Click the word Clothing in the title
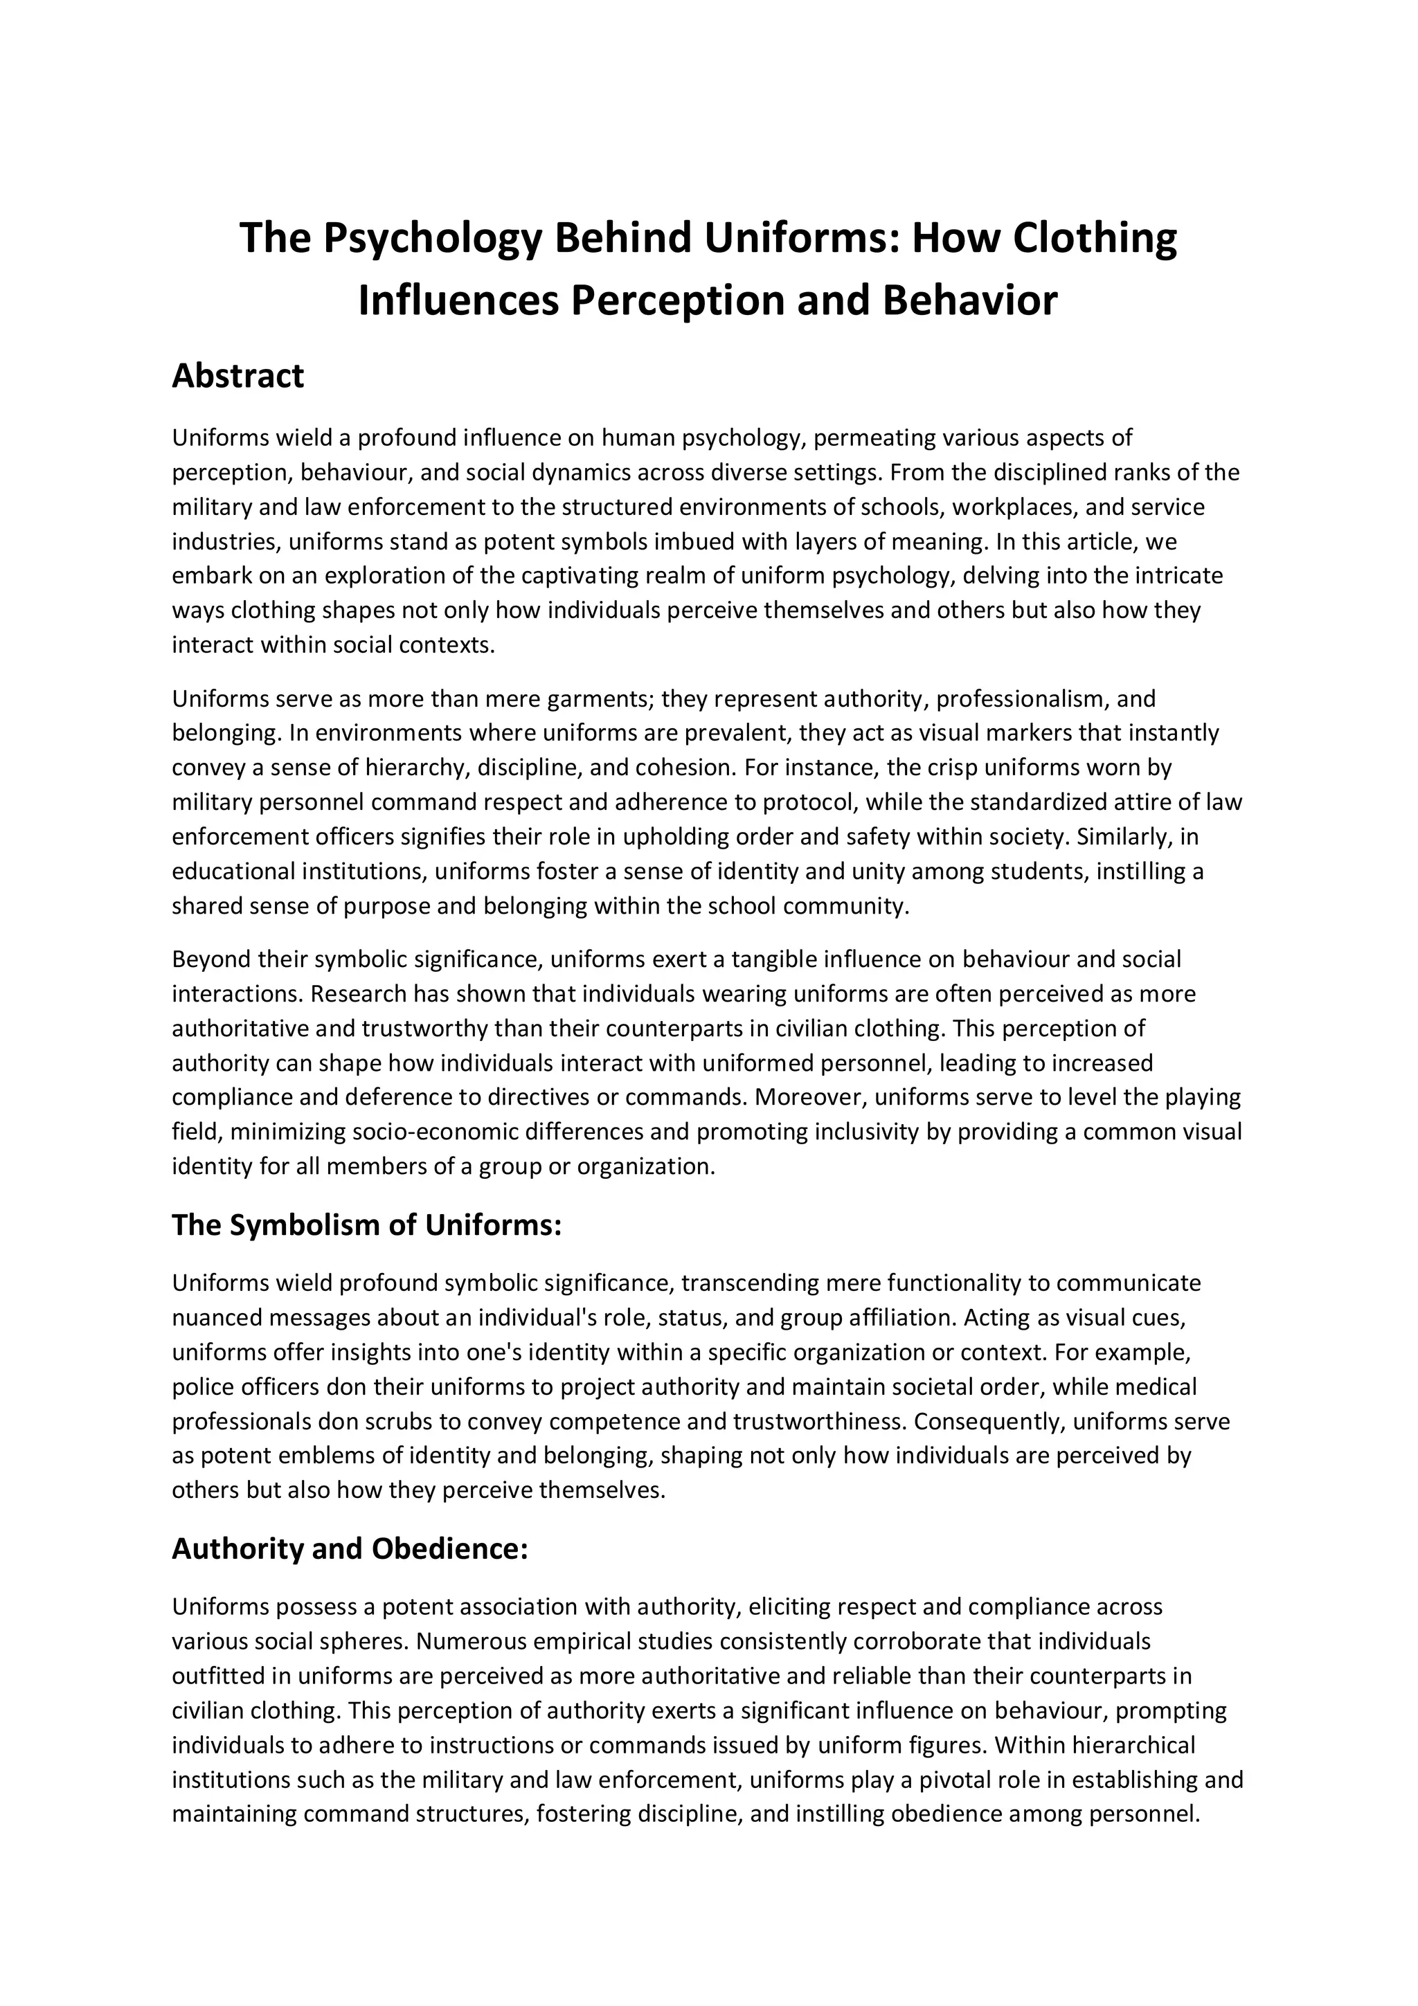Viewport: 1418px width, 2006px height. pos(1095,239)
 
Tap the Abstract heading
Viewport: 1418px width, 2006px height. pos(237,376)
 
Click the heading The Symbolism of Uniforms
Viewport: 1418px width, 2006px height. pos(366,1225)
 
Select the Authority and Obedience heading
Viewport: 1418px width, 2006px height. pos(350,1549)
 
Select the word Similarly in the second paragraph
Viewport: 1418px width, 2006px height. pos(1124,837)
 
